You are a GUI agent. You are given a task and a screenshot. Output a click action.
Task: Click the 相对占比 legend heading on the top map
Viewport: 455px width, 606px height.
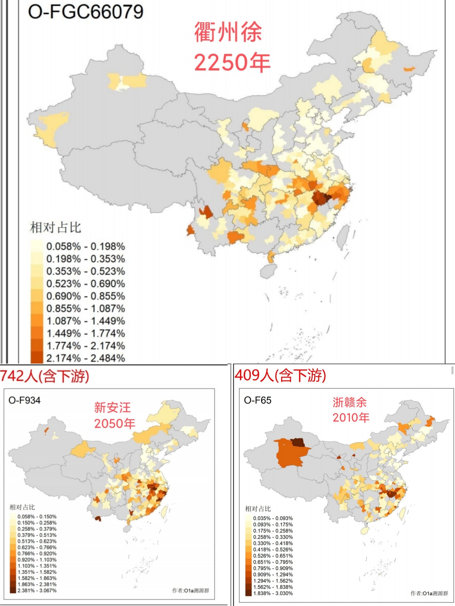pyautogui.click(x=55, y=228)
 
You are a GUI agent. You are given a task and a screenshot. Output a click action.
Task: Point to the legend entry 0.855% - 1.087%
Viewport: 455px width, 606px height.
pyautogui.click(x=85, y=308)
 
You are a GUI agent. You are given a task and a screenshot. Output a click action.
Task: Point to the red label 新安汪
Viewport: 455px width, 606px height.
pyautogui.click(x=112, y=407)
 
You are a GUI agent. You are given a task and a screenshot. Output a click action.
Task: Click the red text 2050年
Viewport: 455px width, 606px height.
pyautogui.click(x=115, y=424)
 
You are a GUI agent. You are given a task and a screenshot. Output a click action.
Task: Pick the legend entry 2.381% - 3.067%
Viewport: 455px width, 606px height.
pyautogui.click(x=37, y=590)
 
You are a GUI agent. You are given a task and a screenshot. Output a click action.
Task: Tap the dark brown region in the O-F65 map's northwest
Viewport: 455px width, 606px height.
pyautogui.click(x=297, y=442)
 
